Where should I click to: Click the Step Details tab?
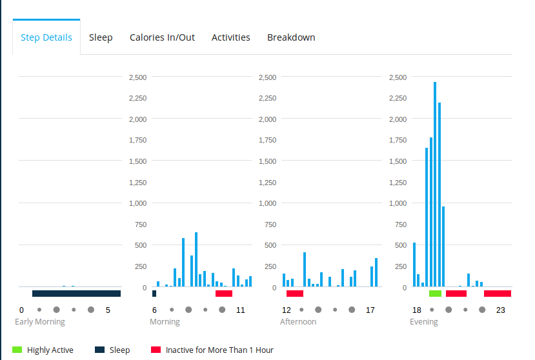(46, 37)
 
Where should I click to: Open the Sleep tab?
(101, 37)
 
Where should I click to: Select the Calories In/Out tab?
(162, 37)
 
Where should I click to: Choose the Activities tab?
(230, 37)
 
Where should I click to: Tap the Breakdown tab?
(291, 37)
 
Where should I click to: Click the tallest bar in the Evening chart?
(435, 184)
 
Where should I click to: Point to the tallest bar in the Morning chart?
(196, 259)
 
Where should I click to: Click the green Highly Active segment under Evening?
(435, 294)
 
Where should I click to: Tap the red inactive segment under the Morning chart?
(224, 294)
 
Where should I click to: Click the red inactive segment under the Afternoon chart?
(295, 294)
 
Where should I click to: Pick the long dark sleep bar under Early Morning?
(76, 294)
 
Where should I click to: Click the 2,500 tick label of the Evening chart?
(398, 77)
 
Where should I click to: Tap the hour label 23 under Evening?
(500, 310)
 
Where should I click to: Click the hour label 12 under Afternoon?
(287, 310)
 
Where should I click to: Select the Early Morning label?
(40, 321)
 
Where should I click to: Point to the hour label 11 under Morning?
(241, 310)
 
